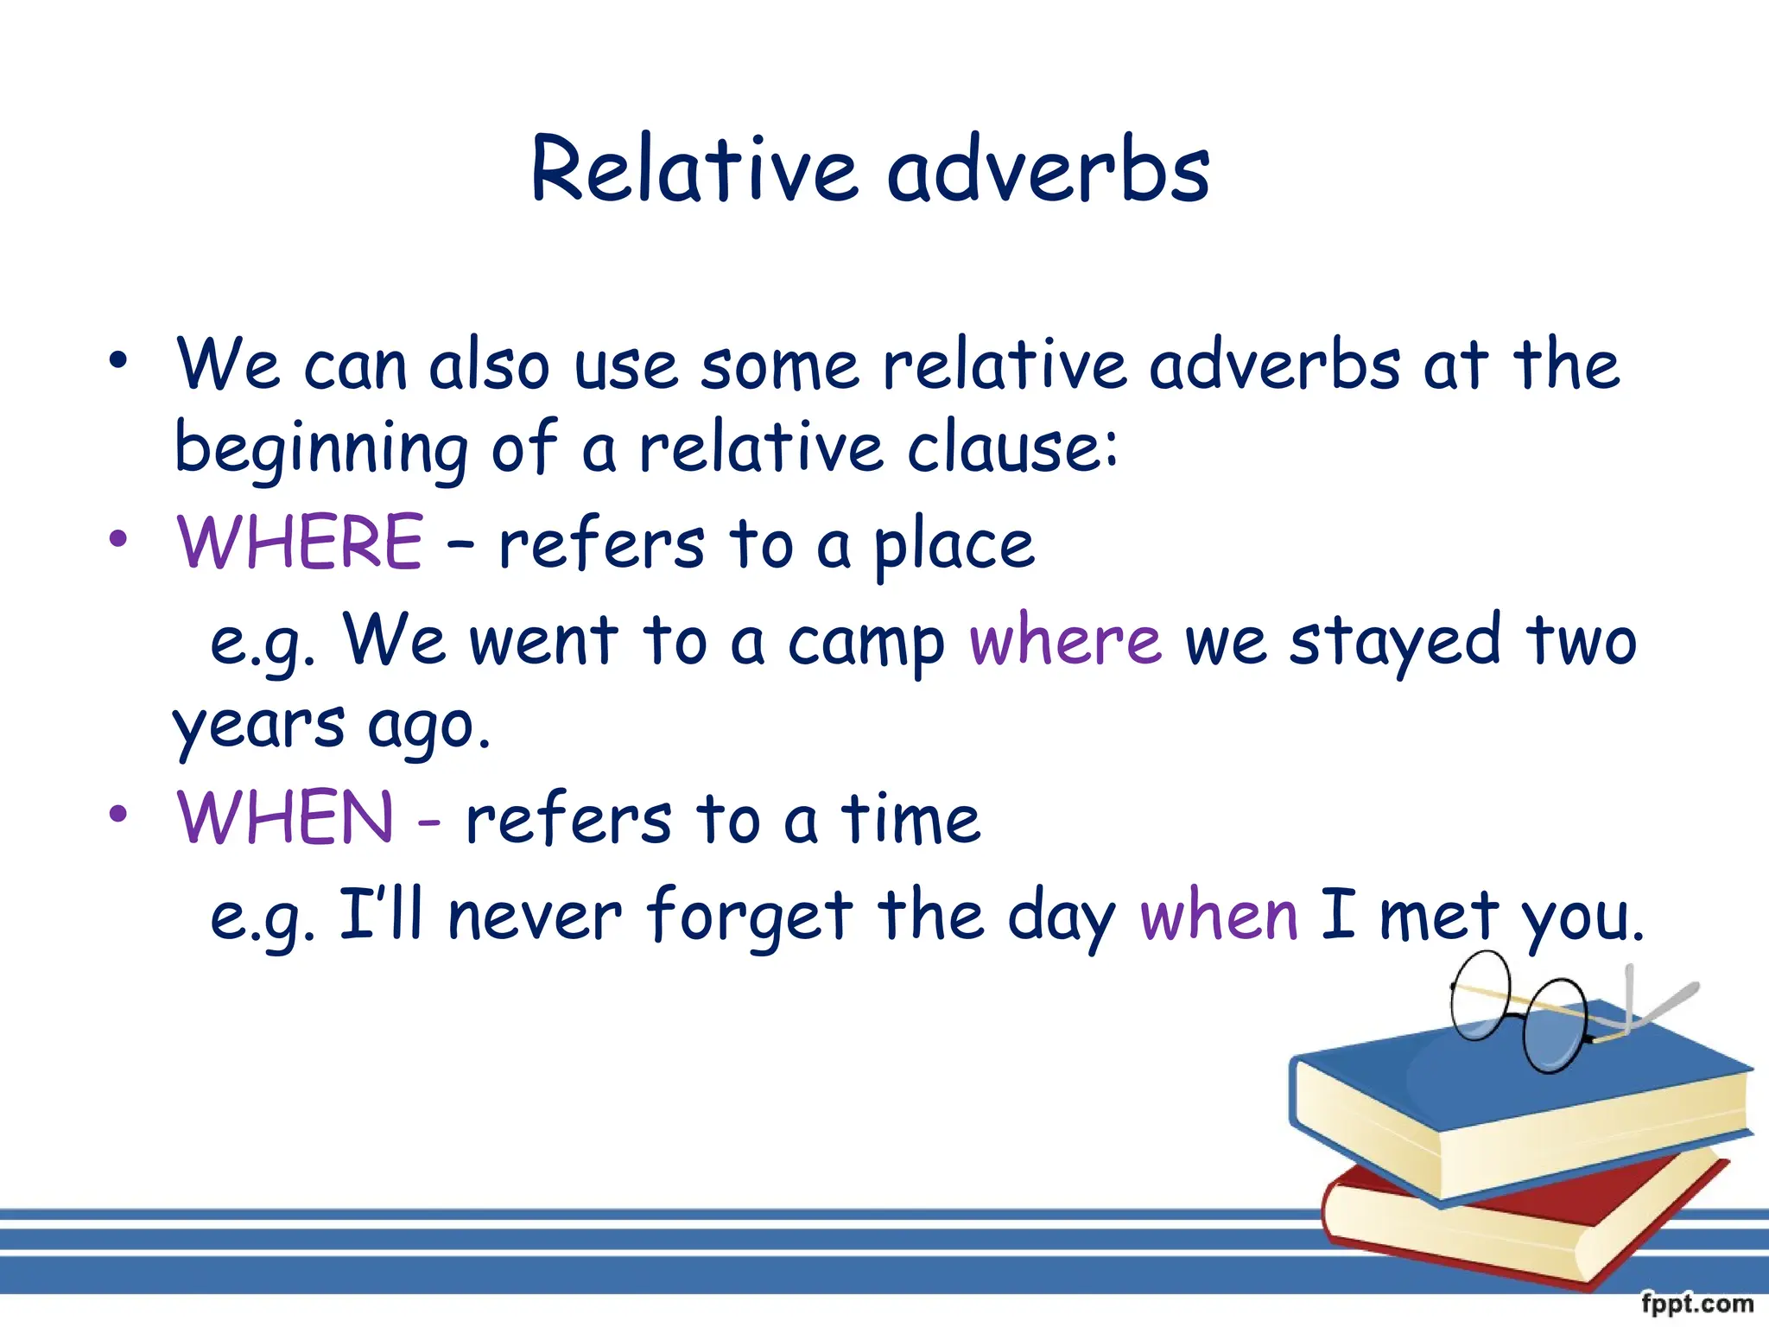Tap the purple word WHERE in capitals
pos(300,543)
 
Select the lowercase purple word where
pos(1065,640)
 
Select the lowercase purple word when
pos(1219,916)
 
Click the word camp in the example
pos(866,644)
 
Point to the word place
pos(954,546)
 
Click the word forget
pos(750,917)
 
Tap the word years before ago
pos(258,727)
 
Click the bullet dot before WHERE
pos(118,540)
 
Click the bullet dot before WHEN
pos(118,814)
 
